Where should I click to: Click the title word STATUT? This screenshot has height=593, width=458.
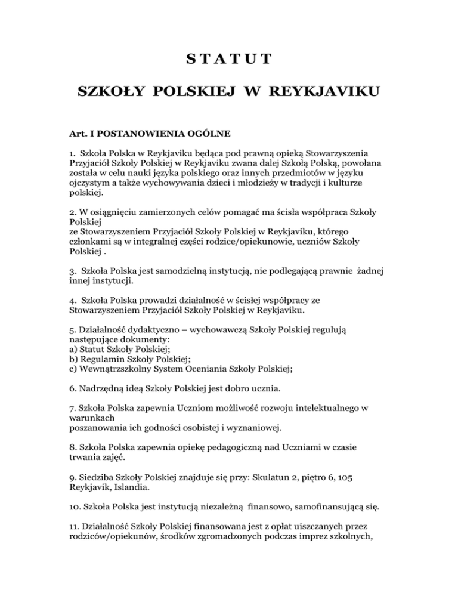(229, 59)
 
